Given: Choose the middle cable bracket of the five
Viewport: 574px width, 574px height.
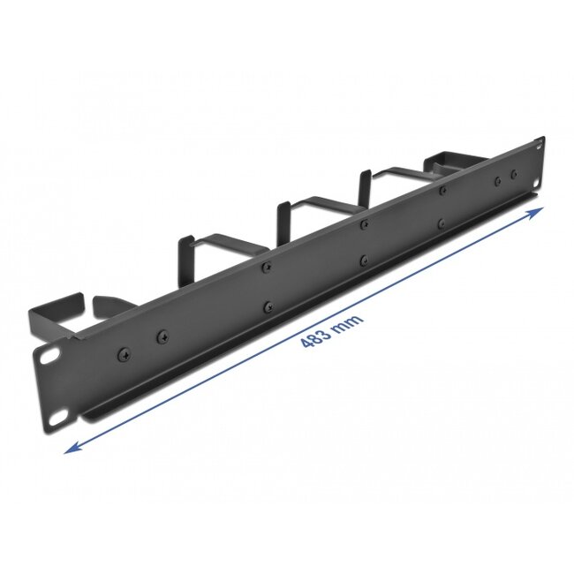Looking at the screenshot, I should tap(300, 210).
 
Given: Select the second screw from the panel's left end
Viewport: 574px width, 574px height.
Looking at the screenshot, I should tap(162, 336).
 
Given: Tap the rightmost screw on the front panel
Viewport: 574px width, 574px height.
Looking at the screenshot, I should tap(514, 173).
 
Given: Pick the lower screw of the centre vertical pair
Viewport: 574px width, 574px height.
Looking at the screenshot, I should tap(364, 260).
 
